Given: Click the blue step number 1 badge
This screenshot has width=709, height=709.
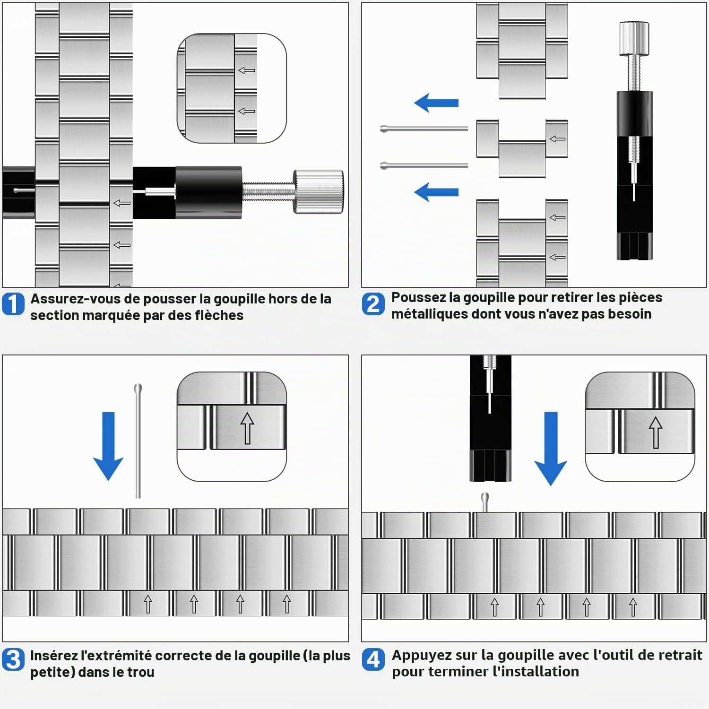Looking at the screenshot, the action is tap(13, 304).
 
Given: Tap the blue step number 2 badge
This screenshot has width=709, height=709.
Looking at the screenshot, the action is tap(373, 304).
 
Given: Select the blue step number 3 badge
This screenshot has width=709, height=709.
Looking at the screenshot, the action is tap(13, 659).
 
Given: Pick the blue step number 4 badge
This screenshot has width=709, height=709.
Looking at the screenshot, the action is tap(373, 659).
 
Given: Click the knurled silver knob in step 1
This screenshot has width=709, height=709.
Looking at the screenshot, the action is tap(318, 191).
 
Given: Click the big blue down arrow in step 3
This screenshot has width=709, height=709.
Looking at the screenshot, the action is tap(108, 446).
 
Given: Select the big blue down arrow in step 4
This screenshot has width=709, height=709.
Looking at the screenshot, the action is tap(551, 449).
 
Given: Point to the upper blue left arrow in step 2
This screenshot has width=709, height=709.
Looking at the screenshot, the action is tap(436, 103).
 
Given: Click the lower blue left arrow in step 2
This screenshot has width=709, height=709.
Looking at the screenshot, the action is tap(436, 192).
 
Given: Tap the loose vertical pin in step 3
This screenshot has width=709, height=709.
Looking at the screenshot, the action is tap(138, 441).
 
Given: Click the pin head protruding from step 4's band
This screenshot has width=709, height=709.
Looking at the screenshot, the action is tap(484, 501).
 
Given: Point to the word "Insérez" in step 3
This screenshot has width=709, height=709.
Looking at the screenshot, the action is tap(53, 656).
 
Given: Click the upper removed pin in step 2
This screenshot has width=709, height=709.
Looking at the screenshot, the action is tap(424, 128).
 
